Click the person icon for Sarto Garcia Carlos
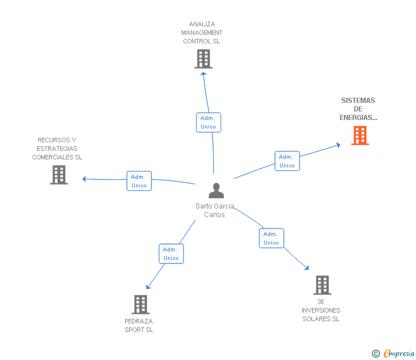point(216,190)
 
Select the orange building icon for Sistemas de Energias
point(359,135)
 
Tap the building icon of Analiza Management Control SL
point(203,59)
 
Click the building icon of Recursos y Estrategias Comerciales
point(59,175)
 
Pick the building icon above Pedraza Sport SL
point(140,305)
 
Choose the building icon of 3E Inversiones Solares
point(322,285)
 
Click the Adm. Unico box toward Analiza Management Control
point(208,122)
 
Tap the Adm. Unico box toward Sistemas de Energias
point(287,161)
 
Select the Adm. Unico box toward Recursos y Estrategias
point(139,181)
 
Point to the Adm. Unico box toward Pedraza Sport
point(171,254)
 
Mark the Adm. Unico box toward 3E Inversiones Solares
point(271,238)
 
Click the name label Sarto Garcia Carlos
point(214,210)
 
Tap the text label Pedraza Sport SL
point(139,325)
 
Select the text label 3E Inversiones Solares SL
point(321,310)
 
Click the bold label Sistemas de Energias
point(358,109)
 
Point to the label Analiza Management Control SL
point(201,33)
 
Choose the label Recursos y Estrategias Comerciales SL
point(57,149)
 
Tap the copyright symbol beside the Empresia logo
point(376,354)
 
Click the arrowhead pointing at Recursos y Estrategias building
point(85,179)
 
